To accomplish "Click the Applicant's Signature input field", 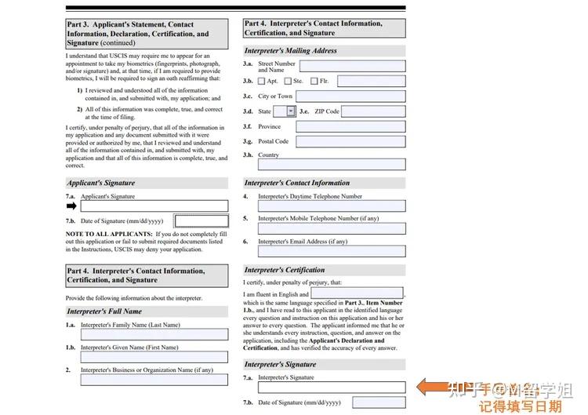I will point(154,206).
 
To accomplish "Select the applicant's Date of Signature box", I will point(201,221).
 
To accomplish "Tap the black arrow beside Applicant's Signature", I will point(71,206).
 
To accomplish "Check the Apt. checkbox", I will point(262,81).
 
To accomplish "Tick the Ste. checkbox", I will point(288,81).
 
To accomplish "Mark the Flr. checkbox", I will point(314,81).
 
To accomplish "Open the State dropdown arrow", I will point(291,111).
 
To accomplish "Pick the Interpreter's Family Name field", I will point(154,334).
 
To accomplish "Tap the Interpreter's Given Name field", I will point(154,357).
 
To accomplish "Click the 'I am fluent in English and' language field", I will point(357,293).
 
